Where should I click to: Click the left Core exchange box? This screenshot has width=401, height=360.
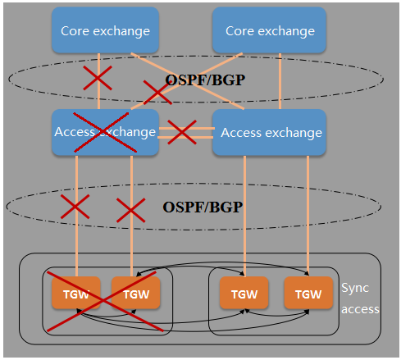point(105,30)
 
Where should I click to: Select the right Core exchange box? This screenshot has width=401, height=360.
point(269,30)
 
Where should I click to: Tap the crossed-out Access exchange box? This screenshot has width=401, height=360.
point(105,133)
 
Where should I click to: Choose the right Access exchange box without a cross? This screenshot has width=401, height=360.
point(269,133)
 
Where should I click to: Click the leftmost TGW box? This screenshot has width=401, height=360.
point(76,293)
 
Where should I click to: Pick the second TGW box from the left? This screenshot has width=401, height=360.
point(135,293)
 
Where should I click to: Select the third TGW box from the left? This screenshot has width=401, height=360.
point(244,293)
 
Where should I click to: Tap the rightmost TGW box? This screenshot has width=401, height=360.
point(308,293)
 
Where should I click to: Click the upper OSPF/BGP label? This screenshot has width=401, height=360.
point(205,80)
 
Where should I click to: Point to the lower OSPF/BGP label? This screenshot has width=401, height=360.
point(203,207)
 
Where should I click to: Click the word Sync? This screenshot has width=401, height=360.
point(355,289)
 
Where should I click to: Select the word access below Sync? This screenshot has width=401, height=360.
point(360,309)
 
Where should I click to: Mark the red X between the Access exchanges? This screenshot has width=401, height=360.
point(182,132)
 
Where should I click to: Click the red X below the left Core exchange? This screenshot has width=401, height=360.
point(98,78)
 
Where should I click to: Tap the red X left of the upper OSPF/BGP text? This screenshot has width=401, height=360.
point(157,93)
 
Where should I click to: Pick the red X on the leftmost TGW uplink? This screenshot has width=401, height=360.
point(75,207)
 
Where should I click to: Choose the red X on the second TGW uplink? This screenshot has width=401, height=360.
point(131,210)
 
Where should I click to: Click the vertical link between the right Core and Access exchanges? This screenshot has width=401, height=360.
point(280,81)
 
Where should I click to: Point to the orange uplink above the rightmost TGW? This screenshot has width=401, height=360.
point(308,216)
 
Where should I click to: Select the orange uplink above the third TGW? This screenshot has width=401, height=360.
point(244,216)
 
